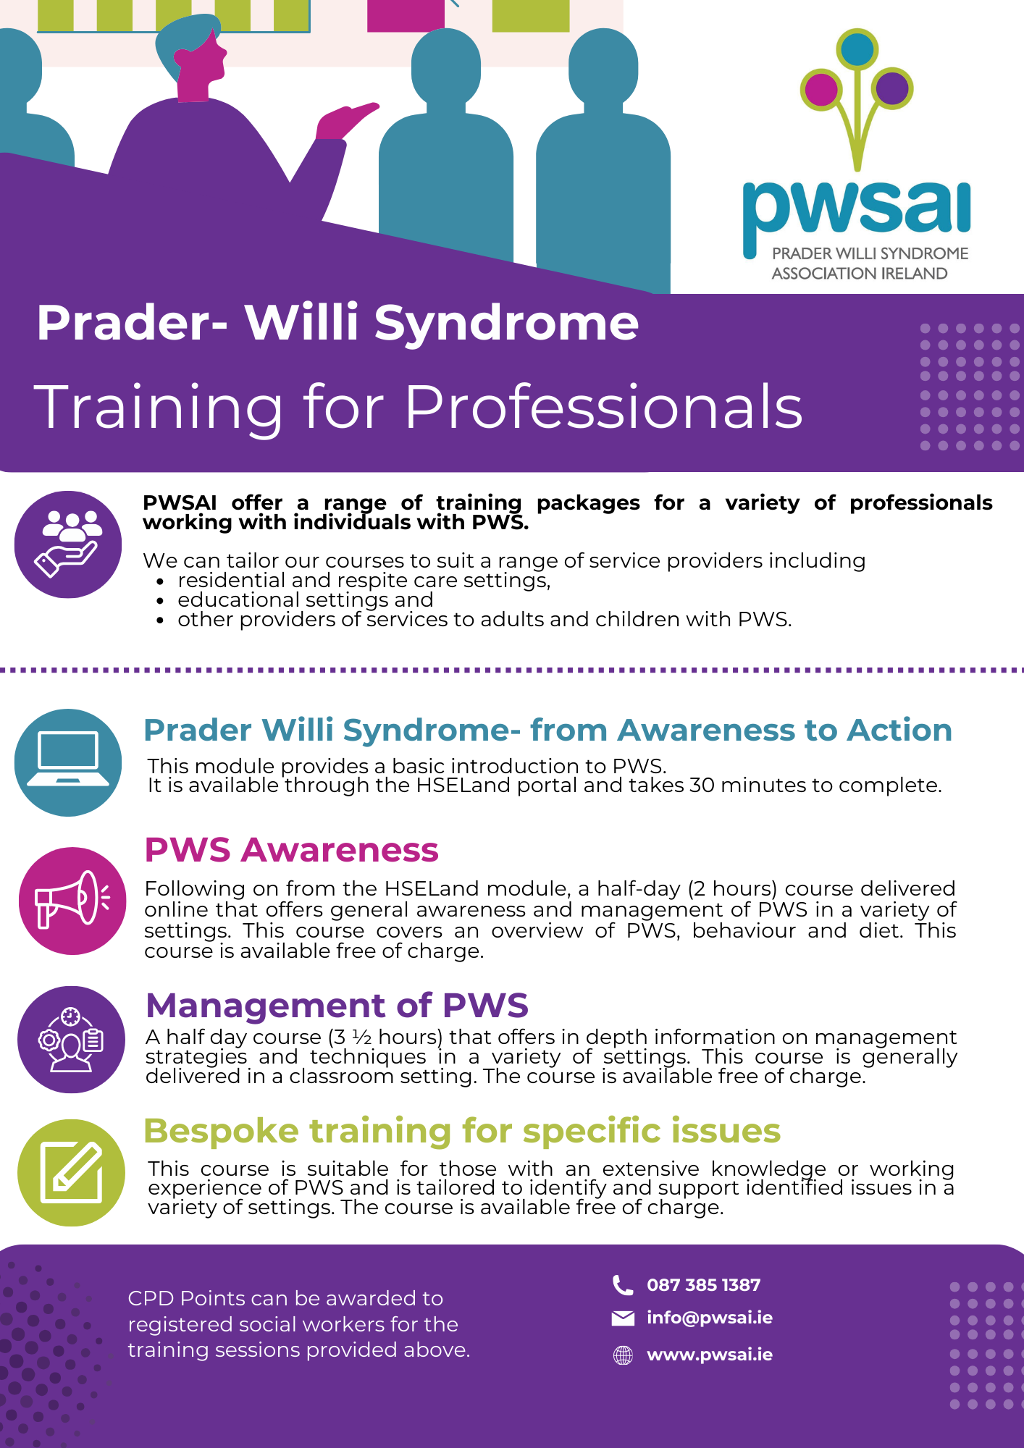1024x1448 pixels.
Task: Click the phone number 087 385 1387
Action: coord(703,1285)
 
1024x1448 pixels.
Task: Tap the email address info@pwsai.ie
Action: coord(710,1318)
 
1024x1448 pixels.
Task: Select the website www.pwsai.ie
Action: coord(710,1355)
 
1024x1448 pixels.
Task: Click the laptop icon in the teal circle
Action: coord(68,759)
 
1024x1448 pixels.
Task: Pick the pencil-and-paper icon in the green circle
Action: coord(71,1172)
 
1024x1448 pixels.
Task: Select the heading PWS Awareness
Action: coord(291,850)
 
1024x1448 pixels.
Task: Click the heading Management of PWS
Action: coord(337,1006)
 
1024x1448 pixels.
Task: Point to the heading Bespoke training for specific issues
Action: coord(462,1131)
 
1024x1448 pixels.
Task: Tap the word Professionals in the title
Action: coord(604,407)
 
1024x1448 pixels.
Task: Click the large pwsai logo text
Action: coord(857,210)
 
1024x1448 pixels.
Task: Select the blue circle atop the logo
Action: coord(857,49)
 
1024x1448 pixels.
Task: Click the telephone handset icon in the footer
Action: coord(623,1285)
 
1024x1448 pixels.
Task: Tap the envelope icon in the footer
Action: coord(623,1318)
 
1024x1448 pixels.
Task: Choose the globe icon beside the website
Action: coord(623,1355)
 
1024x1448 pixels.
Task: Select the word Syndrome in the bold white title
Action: coord(506,322)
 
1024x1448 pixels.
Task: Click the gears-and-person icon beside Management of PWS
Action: coord(71,1040)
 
